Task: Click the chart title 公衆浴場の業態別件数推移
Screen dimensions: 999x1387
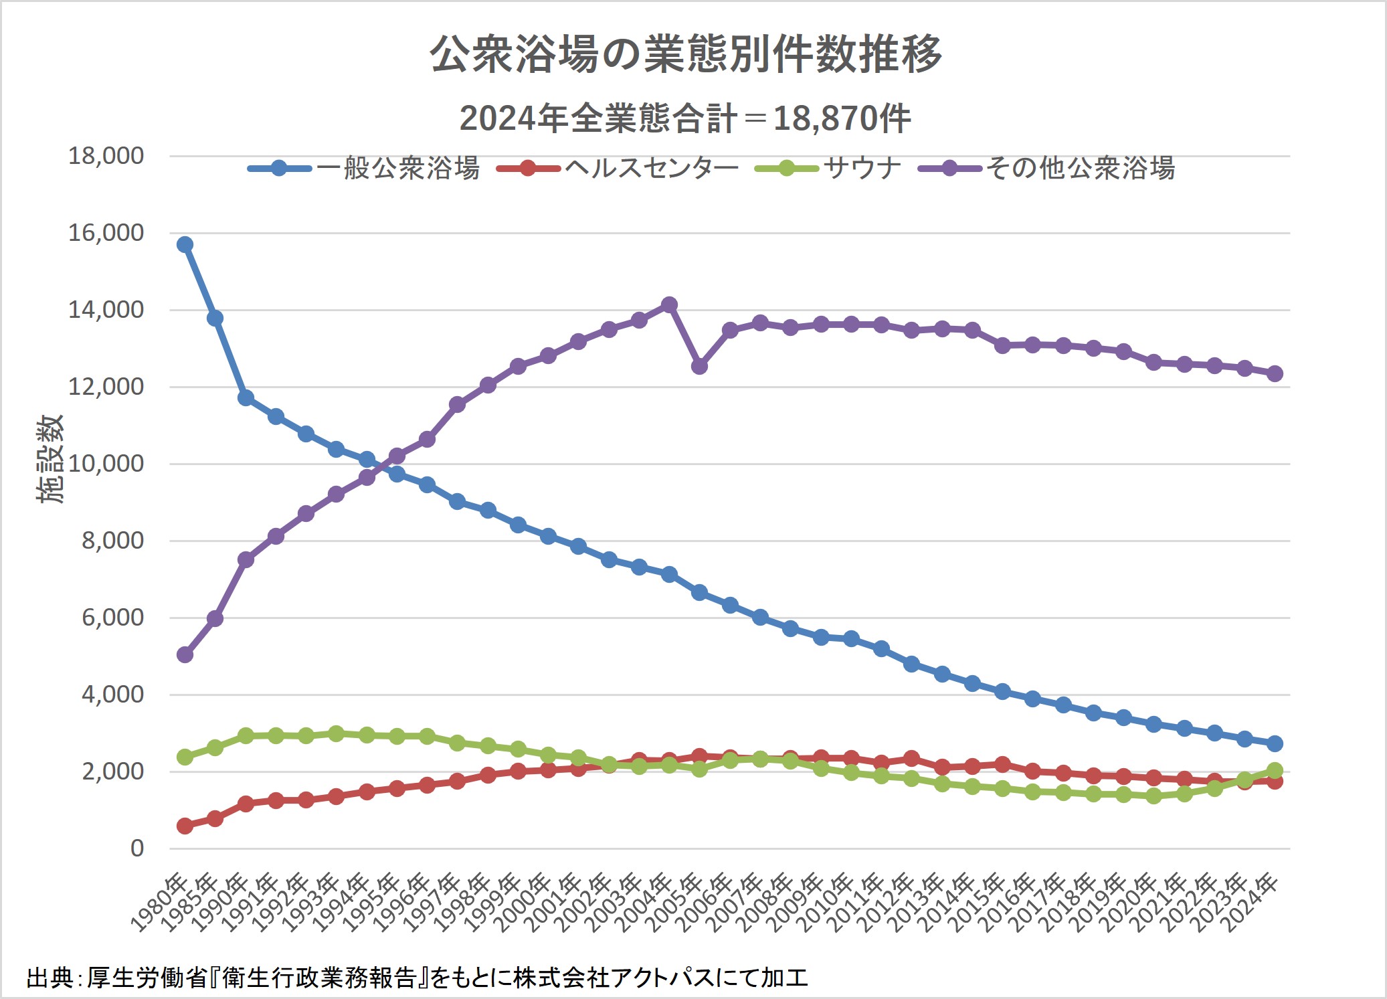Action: click(x=685, y=55)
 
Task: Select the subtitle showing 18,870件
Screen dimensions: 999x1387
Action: click(x=685, y=119)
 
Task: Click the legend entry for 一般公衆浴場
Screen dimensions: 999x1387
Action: click(x=365, y=168)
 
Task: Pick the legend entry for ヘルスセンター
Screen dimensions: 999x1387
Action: click(x=618, y=168)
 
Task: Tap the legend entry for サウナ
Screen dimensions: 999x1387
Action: click(x=828, y=168)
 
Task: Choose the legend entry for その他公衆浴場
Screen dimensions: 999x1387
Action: click(x=1047, y=168)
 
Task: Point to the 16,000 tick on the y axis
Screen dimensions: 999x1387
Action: click(x=106, y=233)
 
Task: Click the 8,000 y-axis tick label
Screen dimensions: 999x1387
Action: click(x=112, y=541)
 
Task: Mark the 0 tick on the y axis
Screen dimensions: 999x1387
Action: click(x=136, y=848)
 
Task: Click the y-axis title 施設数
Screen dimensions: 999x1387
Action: click(x=50, y=459)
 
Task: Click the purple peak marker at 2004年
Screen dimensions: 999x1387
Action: click(x=669, y=305)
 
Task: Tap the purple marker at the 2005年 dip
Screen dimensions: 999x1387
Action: click(x=699, y=366)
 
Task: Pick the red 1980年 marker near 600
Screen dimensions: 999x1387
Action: click(x=185, y=826)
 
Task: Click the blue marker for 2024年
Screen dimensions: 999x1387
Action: click(x=1275, y=743)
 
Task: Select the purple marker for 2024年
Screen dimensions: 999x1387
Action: click(x=1275, y=373)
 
